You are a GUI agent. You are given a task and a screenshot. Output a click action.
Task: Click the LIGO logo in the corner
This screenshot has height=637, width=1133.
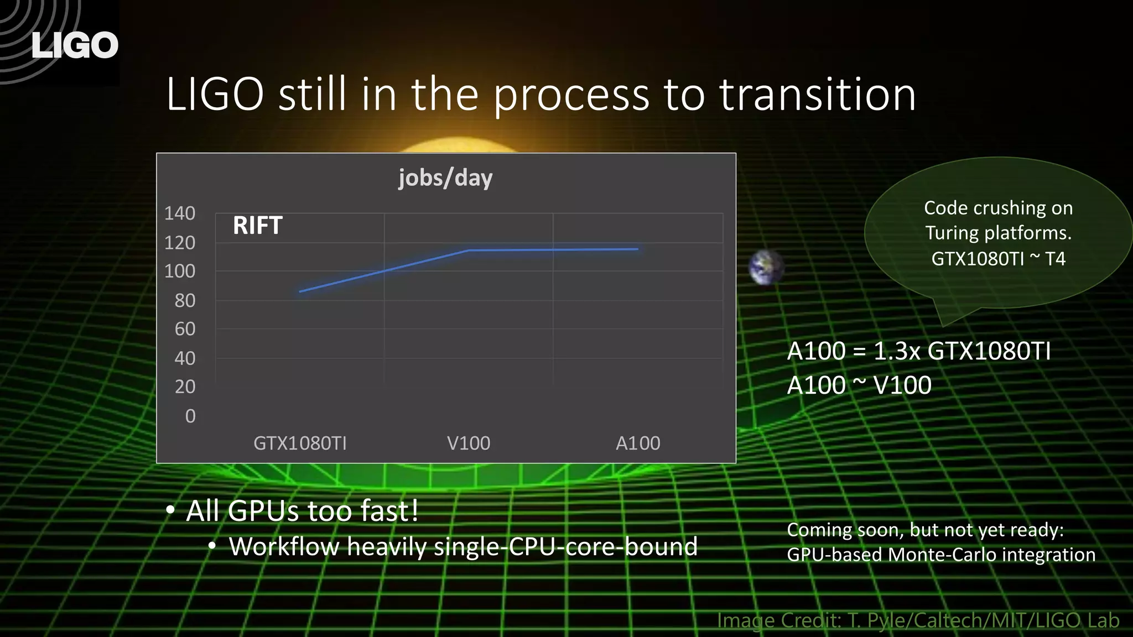point(75,45)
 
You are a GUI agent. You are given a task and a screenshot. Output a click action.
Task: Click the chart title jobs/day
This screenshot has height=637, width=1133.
point(445,178)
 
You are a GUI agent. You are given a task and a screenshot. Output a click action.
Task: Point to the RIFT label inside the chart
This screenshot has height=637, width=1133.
point(258,226)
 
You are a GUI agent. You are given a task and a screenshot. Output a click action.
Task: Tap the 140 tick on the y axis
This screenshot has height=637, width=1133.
point(180,213)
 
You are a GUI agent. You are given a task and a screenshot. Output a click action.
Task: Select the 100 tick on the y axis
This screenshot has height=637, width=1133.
point(180,271)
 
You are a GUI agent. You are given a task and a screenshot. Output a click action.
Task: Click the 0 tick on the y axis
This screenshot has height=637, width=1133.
point(190,416)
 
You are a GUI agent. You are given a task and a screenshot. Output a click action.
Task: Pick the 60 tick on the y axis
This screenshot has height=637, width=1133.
point(185,330)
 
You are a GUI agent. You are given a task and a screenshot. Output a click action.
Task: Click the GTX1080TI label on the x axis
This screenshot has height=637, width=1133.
point(300,443)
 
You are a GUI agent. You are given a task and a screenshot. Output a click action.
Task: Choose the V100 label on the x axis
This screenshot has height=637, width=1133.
point(469,443)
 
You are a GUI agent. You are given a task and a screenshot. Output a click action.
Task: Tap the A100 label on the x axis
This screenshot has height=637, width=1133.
point(638,443)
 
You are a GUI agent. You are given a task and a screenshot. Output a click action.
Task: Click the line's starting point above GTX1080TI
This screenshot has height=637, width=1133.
point(300,291)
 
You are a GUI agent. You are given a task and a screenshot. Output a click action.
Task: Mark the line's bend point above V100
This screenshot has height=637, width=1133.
point(469,250)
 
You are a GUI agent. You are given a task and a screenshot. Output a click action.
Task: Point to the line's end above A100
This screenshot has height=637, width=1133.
point(637,249)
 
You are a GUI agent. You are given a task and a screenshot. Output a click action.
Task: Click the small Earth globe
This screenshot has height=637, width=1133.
point(766,268)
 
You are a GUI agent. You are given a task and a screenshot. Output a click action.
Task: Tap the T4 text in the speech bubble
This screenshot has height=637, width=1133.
point(1055,259)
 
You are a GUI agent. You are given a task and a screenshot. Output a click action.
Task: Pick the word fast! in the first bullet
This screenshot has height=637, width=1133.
point(389,511)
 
